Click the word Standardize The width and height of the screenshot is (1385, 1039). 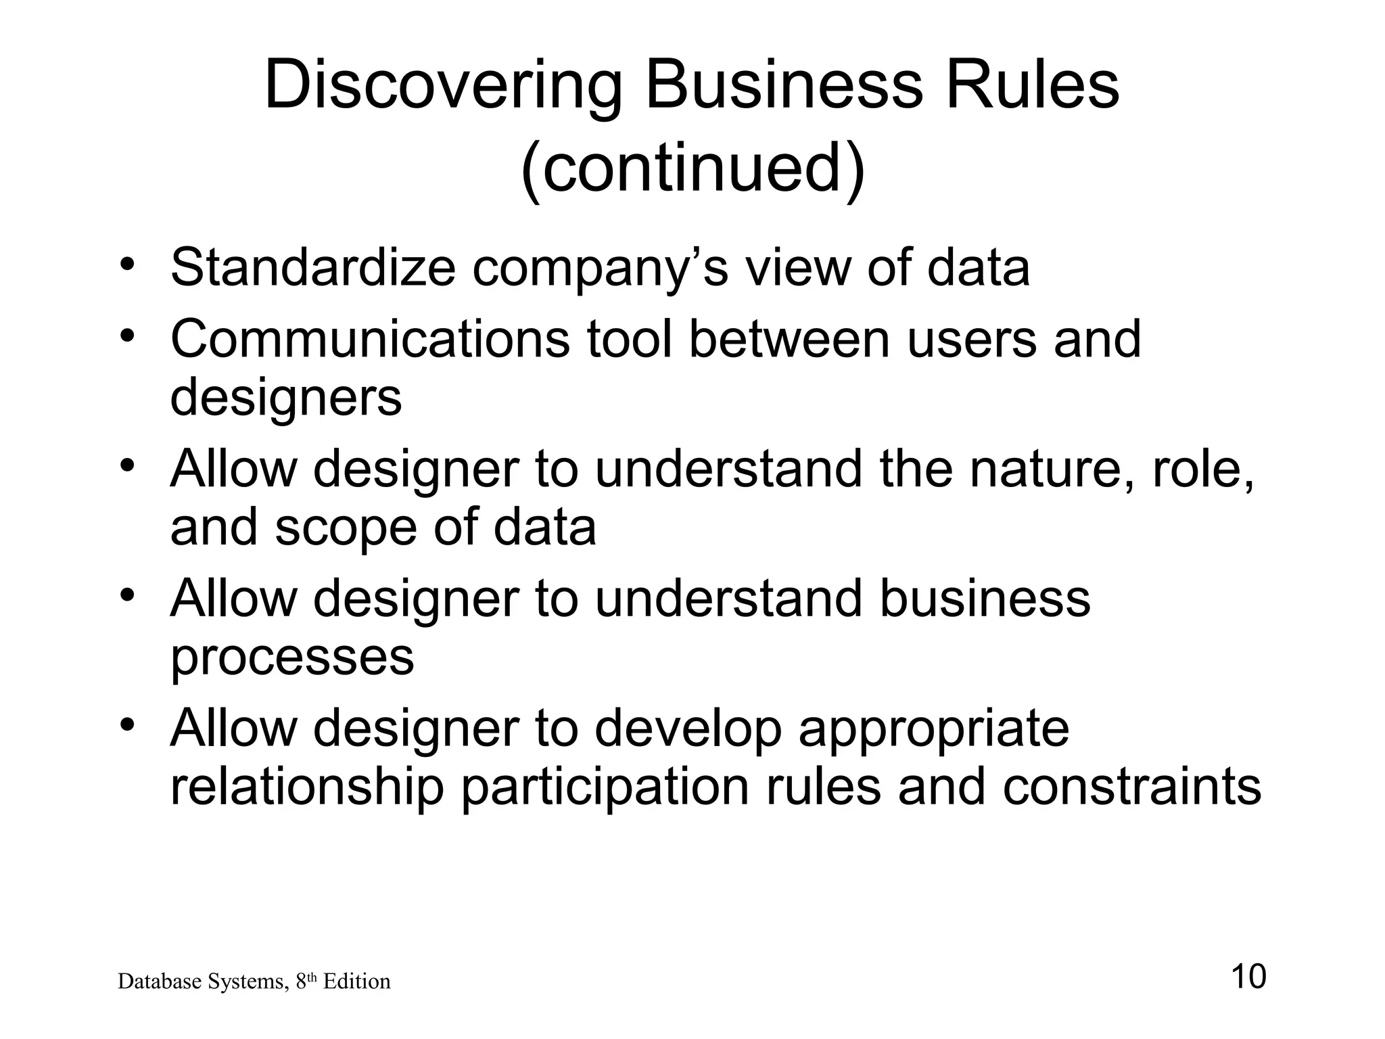point(312,267)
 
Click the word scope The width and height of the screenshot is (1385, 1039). point(346,528)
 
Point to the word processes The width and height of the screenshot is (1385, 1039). point(291,657)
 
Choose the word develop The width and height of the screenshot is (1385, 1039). point(688,729)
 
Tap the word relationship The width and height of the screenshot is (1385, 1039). point(306,787)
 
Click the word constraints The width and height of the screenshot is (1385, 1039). point(1131,787)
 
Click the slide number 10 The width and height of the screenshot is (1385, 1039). point(1248,977)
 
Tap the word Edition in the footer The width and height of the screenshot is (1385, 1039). point(356,982)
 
